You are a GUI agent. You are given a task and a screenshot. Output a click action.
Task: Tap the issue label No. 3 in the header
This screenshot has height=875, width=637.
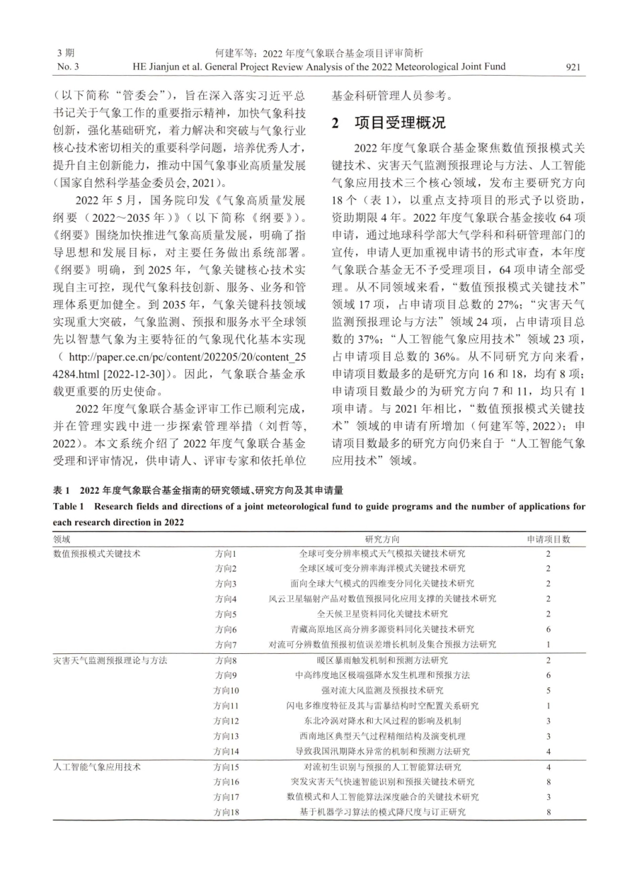coord(68,66)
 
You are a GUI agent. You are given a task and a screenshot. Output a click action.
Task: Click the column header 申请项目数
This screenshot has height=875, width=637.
coord(548,539)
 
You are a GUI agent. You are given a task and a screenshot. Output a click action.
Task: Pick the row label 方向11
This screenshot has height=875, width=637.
coord(226,705)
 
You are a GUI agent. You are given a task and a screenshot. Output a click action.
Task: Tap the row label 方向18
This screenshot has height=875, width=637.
coord(226,812)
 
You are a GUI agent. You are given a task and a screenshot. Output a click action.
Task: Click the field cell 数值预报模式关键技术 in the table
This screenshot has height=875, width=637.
coord(97,553)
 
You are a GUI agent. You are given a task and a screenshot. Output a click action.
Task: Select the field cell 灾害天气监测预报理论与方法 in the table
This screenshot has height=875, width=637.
coord(110,660)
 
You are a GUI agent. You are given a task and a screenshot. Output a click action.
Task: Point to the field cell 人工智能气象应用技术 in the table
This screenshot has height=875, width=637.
coord(97,766)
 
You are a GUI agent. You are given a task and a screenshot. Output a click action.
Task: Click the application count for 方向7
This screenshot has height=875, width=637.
coord(548,645)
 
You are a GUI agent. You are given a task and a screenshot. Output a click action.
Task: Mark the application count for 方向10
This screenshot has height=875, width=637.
coord(548,690)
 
